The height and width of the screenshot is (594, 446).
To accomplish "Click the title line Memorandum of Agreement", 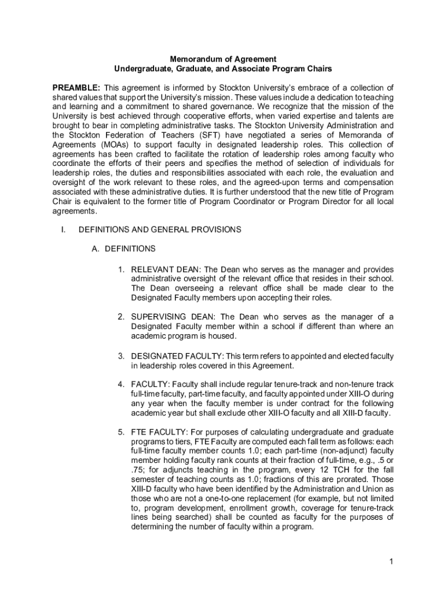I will coord(223,59).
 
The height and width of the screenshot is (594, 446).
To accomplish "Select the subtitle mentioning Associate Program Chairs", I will coord(223,69).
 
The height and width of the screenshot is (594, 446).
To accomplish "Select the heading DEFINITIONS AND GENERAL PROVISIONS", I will coord(160,230).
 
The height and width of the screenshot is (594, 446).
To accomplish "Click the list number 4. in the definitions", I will coord(122,385).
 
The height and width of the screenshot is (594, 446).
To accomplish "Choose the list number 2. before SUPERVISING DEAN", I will coord(122,317).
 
